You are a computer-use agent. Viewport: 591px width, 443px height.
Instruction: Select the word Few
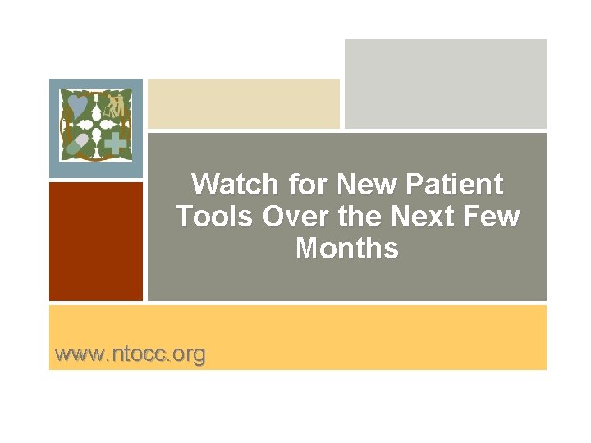495,216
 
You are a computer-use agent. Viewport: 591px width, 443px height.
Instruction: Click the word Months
346,248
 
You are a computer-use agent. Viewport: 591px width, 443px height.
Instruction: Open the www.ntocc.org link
130,354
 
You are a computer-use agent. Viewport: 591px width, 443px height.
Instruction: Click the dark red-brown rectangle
96,241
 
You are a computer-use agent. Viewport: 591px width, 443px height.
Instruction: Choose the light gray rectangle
445,84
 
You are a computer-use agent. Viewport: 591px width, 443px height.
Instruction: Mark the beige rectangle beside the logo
243,103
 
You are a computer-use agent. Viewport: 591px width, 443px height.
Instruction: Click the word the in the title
358,216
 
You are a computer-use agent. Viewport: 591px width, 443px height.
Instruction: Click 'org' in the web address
189,354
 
